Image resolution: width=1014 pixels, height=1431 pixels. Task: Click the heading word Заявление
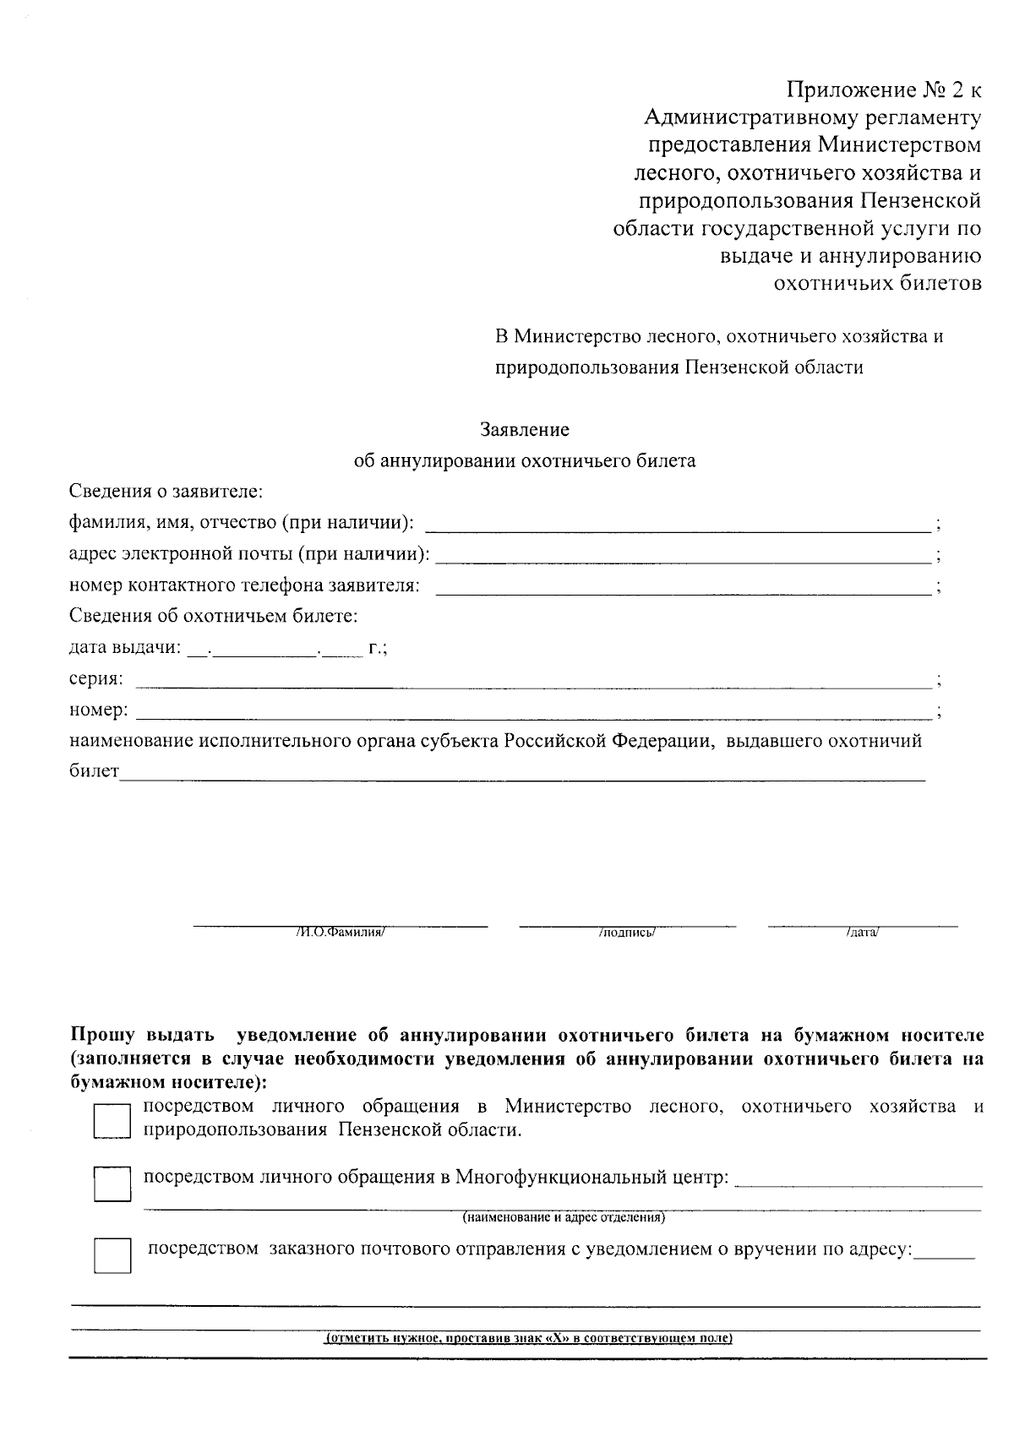click(x=525, y=429)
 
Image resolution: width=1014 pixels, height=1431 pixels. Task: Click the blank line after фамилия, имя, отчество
click(x=676, y=529)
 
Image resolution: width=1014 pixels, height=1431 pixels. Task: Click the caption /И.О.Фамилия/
click(x=341, y=933)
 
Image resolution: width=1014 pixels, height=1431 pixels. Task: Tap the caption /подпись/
click(x=627, y=933)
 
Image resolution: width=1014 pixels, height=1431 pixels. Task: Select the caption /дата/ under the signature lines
click(x=862, y=933)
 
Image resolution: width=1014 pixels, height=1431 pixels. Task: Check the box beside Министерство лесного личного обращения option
click(x=112, y=1122)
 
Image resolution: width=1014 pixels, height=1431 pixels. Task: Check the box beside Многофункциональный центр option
click(x=112, y=1184)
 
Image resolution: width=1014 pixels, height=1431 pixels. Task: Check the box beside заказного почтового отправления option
click(x=112, y=1255)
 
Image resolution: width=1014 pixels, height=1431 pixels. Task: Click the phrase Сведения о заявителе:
click(x=166, y=491)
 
